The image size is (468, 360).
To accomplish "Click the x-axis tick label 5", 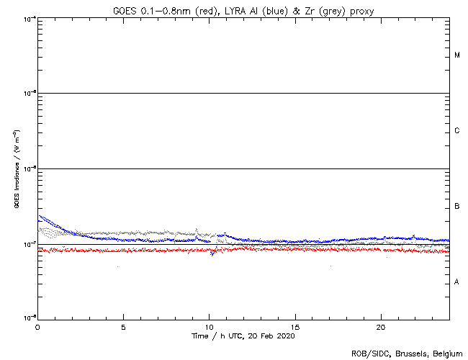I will click(x=123, y=327).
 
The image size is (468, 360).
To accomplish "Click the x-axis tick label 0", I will click(x=37, y=327).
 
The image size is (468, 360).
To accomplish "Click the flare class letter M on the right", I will click(x=457, y=55).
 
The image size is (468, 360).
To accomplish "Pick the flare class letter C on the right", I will click(x=457, y=131).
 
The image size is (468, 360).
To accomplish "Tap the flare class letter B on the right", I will click(x=457, y=207).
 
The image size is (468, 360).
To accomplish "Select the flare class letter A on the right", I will click(x=457, y=282).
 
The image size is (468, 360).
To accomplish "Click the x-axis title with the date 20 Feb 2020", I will click(x=243, y=336).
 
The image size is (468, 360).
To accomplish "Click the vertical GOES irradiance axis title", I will click(x=16, y=168).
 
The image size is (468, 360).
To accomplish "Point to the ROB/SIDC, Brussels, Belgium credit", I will click(x=407, y=354).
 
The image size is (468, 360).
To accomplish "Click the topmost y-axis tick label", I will click(x=30, y=18).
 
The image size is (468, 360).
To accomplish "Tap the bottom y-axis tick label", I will click(x=30, y=318).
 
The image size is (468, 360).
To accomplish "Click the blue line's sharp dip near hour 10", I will click(x=212, y=253).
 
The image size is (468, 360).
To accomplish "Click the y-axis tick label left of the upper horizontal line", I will click(x=30, y=93).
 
